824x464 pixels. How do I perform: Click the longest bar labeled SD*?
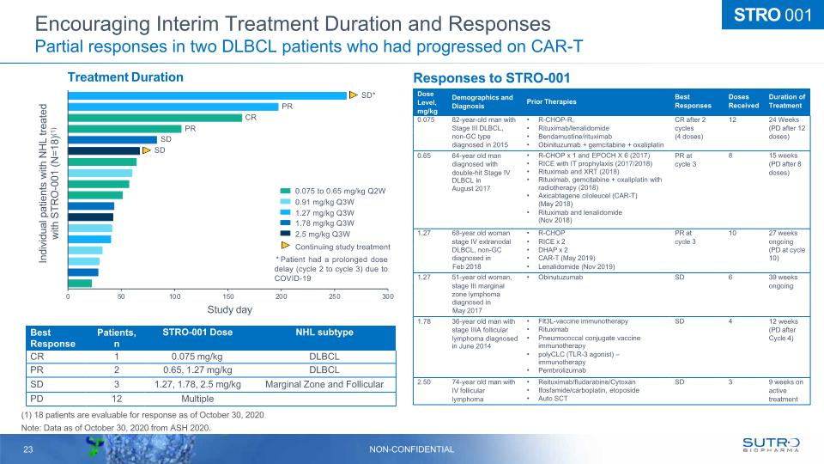tap(207, 95)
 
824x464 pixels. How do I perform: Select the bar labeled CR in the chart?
tap(154, 118)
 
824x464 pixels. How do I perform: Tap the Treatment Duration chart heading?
tap(126, 77)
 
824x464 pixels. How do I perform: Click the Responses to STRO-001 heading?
tap(492, 76)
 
